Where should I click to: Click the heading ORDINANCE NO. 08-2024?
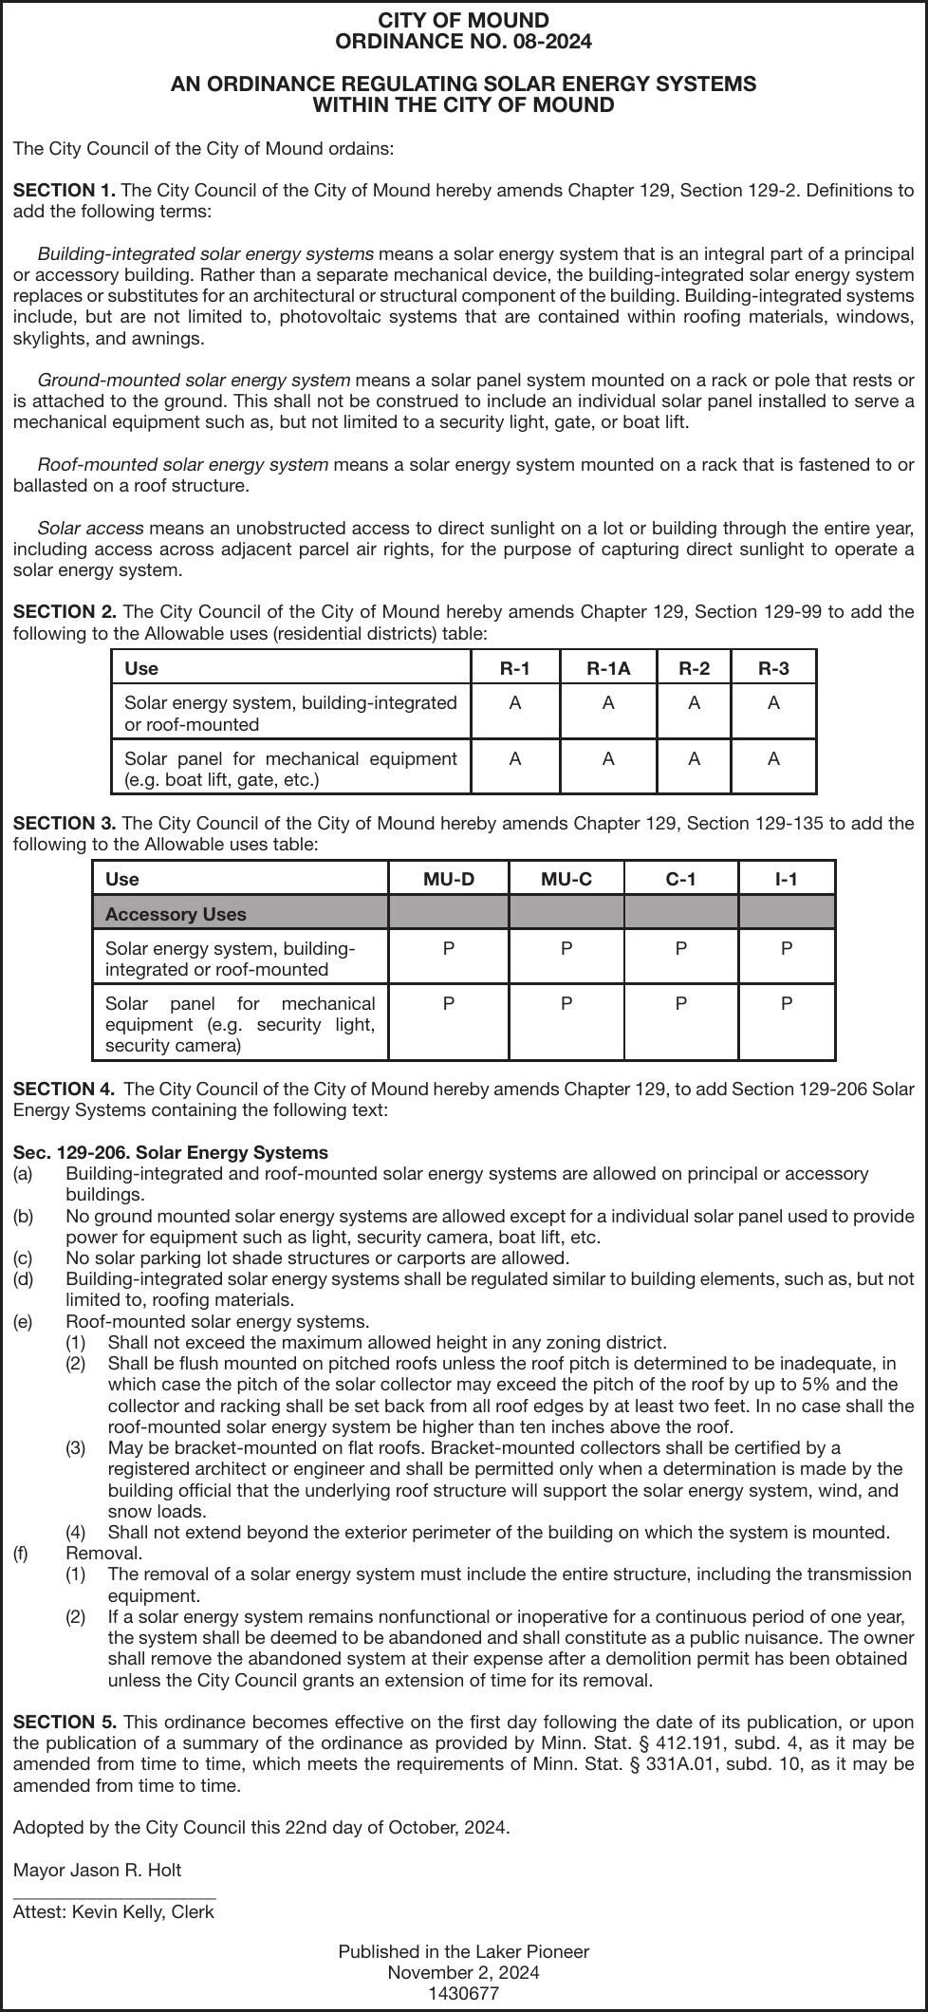point(463,42)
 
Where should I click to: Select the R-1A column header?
point(607,668)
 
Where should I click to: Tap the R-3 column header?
point(773,668)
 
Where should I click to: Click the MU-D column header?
point(448,879)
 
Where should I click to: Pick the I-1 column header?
point(786,879)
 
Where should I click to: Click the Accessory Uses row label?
point(176,914)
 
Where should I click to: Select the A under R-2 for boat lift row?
point(694,758)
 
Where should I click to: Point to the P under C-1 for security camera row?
point(680,1003)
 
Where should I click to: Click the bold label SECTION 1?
point(65,190)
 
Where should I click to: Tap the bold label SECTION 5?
point(65,1722)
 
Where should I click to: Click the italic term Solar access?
point(90,528)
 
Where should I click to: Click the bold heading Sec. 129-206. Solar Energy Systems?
point(171,1152)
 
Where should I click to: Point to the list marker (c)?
point(23,1257)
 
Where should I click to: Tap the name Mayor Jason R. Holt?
point(97,1870)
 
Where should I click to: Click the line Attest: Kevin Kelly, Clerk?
point(114,1911)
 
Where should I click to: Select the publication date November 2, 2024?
point(463,1972)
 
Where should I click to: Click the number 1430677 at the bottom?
point(463,1993)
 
